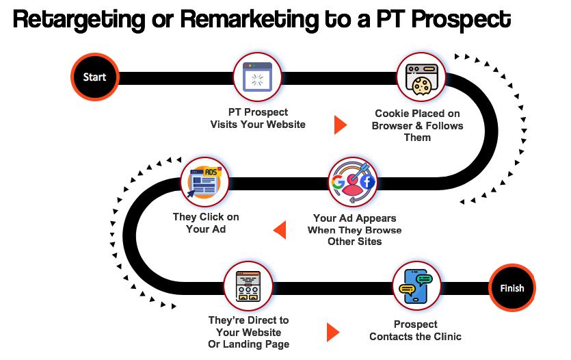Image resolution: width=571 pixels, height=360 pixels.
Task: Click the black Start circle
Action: tap(94, 77)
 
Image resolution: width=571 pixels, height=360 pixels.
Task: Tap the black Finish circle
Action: tap(512, 288)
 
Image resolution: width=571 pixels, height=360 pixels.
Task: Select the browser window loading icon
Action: tap(257, 77)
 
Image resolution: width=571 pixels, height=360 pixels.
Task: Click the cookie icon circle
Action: tap(421, 77)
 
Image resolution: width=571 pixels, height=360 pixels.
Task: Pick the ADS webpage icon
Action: tap(204, 181)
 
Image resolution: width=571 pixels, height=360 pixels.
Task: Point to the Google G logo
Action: tap(337, 181)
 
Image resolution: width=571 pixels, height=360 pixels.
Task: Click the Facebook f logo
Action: tap(367, 181)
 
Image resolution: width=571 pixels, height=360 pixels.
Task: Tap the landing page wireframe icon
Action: tap(248, 285)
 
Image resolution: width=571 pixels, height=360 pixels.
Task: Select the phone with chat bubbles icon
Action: tap(416, 285)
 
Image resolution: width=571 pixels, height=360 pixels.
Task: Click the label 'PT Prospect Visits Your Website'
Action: tap(258, 118)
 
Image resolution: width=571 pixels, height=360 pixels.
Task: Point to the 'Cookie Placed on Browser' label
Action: tap(417, 120)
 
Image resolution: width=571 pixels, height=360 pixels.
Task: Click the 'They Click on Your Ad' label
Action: tap(206, 223)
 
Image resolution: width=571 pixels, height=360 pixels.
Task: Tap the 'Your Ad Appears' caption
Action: tap(354, 218)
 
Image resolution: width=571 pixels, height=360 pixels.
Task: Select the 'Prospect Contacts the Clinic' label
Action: tap(415, 330)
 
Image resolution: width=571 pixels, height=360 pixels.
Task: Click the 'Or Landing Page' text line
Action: tap(249, 344)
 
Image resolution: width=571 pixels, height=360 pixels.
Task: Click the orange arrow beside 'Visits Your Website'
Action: tap(341, 125)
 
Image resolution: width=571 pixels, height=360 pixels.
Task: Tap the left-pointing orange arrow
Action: tap(280, 230)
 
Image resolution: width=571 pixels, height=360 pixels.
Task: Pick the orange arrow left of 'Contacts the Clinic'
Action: tap(333, 333)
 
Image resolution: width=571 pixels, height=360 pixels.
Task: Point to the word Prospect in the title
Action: tap(462, 20)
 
